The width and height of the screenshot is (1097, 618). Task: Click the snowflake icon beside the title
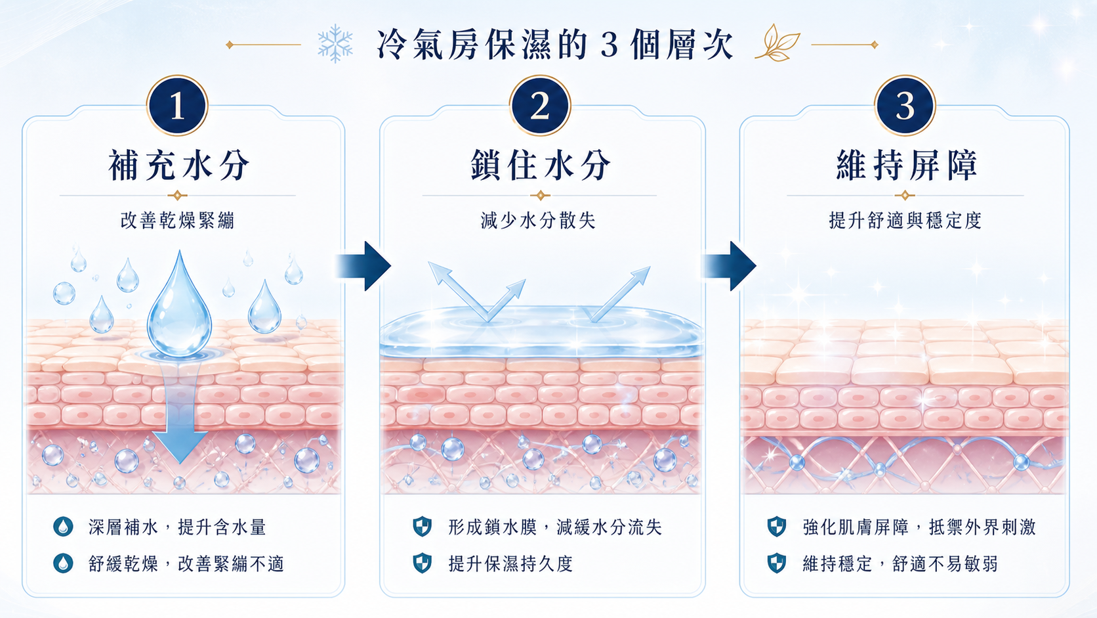click(x=335, y=43)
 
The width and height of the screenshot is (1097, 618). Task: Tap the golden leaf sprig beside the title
click(x=777, y=43)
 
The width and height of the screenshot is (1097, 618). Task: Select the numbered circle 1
click(x=177, y=105)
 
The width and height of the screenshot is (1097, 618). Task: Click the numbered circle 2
click(x=540, y=105)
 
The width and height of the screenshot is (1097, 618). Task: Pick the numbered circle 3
click(x=905, y=105)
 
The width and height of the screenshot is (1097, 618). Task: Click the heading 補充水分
click(x=178, y=165)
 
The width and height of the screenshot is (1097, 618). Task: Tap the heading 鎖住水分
click(x=541, y=165)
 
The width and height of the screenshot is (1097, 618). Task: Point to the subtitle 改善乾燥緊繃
click(x=177, y=221)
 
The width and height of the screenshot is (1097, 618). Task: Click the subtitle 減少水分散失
click(x=538, y=221)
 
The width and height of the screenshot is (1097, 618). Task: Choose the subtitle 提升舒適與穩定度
click(x=905, y=221)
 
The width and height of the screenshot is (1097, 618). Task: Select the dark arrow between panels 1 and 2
click(x=363, y=266)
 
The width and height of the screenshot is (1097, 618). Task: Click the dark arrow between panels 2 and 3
click(x=729, y=266)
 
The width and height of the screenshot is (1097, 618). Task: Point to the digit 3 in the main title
click(x=610, y=45)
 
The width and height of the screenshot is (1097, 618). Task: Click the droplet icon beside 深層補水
click(x=63, y=527)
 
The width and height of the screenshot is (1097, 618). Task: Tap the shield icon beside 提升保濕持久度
click(x=422, y=563)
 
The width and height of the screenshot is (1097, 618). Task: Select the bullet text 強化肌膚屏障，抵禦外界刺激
click(x=919, y=527)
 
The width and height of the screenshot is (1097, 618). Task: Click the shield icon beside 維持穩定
click(x=777, y=563)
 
